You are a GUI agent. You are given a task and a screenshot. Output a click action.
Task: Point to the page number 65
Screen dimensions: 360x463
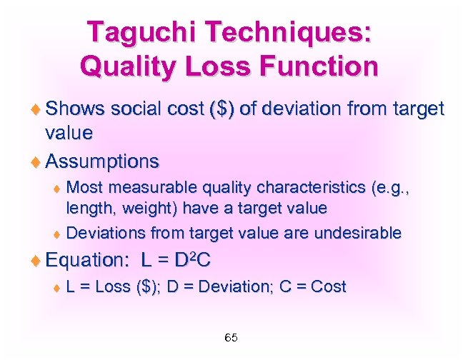tap(231, 337)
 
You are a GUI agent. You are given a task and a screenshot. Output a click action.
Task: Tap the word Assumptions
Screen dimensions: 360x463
tap(102, 161)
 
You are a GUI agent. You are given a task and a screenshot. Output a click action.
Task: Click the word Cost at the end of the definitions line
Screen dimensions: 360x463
tap(328, 287)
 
